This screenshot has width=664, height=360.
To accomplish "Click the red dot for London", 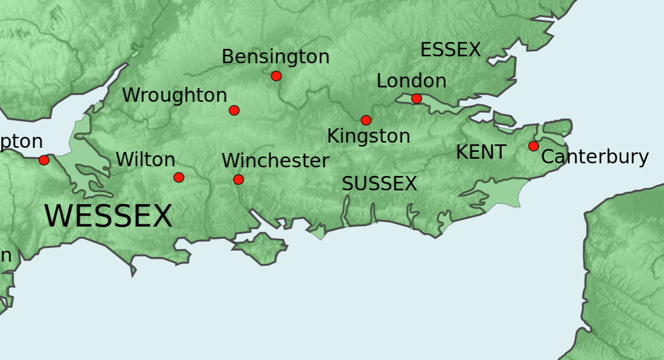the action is [x=417, y=99].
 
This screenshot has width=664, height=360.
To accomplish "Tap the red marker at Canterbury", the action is [x=533, y=146].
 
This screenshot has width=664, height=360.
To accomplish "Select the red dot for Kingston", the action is [x=366, y=120].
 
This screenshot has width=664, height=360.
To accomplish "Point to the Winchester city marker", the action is [x=238, y=179].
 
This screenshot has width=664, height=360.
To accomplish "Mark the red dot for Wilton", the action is [x=179, y=177].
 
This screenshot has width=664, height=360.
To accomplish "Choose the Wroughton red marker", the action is [x=234, y=110].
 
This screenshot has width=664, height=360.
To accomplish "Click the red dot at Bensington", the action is [x=276, y=76].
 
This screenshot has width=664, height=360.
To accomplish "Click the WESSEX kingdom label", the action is [x=108, y=217].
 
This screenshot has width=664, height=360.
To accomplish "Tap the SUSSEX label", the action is [x=379, y=184].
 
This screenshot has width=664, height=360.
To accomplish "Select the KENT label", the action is [x=481, y=152].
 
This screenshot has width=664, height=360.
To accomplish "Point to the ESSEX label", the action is [x=450, y=50].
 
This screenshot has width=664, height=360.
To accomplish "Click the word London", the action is [x=411, y=81].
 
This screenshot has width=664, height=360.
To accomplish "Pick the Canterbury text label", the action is [x=595, y=157].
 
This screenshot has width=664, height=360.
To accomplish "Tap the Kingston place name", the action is [x=368, y=136].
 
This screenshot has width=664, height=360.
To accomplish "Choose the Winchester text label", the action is [x=275, y=161].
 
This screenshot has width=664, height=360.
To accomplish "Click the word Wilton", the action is [x=146, y=159].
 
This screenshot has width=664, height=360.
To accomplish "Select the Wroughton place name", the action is [x=174, y=95].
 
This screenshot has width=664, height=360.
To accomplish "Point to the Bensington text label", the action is [x=275, y=57].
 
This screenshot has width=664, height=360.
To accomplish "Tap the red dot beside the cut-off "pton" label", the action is [x=44, y=160].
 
